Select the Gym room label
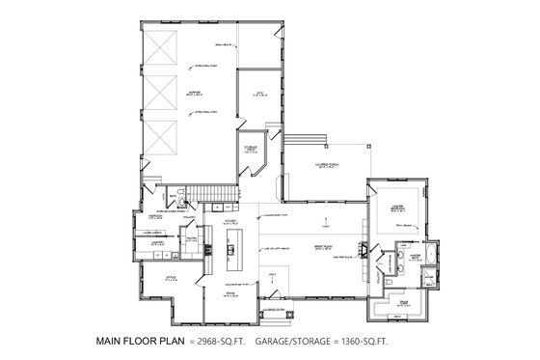coord(259,95)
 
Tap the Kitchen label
coord(231,223)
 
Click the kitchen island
coord(231,255)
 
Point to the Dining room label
coord(231,293)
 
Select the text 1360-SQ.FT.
coord(371,342)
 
